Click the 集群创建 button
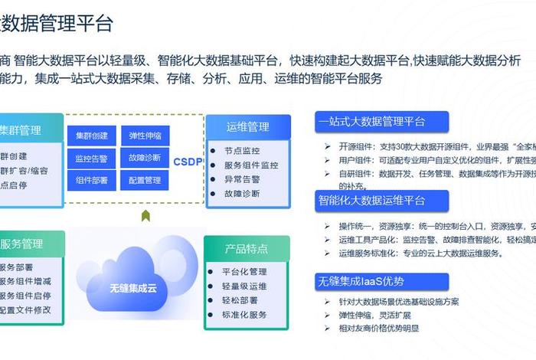coord(91,136)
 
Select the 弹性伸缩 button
coord(145,136)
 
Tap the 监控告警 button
coord(91,159)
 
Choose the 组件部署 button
coord(91,181)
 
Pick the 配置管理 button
coord(145,181)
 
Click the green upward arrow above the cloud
coord(145,216)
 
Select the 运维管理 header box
coord(247,126)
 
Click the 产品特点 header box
coord(246,249)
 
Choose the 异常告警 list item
coord(242,179)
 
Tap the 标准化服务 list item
coord(244,315)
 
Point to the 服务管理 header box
coord(21,244)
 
